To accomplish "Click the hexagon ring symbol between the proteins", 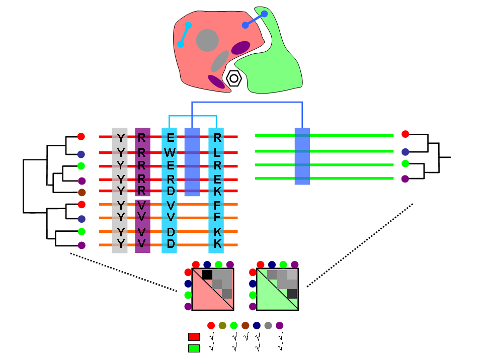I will [x=234, y=78].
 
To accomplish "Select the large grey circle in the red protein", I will [x=207, y=40].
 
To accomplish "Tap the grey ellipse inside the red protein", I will [x=220, y=61].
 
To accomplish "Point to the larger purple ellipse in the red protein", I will [x=240, y=47].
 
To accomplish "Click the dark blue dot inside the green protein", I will [x=264, y=14].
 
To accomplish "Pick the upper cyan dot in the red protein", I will [x=188, y=25].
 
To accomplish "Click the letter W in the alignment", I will [x=171, y=152].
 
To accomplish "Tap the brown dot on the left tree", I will [x=82, y=192].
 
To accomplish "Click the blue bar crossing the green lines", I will [x=302, y=156].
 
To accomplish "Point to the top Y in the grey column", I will [x=120, y=138].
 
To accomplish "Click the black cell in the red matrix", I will [x=207, y=275].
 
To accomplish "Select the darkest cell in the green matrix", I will [x=292, y=294].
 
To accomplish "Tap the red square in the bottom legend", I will [x=194, y=336].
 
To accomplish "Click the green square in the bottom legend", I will [x=194, y=348].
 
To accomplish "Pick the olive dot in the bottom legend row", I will [x=222, y=325].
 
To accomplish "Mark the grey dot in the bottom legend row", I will [x=268, y=325].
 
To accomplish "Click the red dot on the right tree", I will [x=406, y=134].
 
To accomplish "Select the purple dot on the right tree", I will [x=405, y=178].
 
